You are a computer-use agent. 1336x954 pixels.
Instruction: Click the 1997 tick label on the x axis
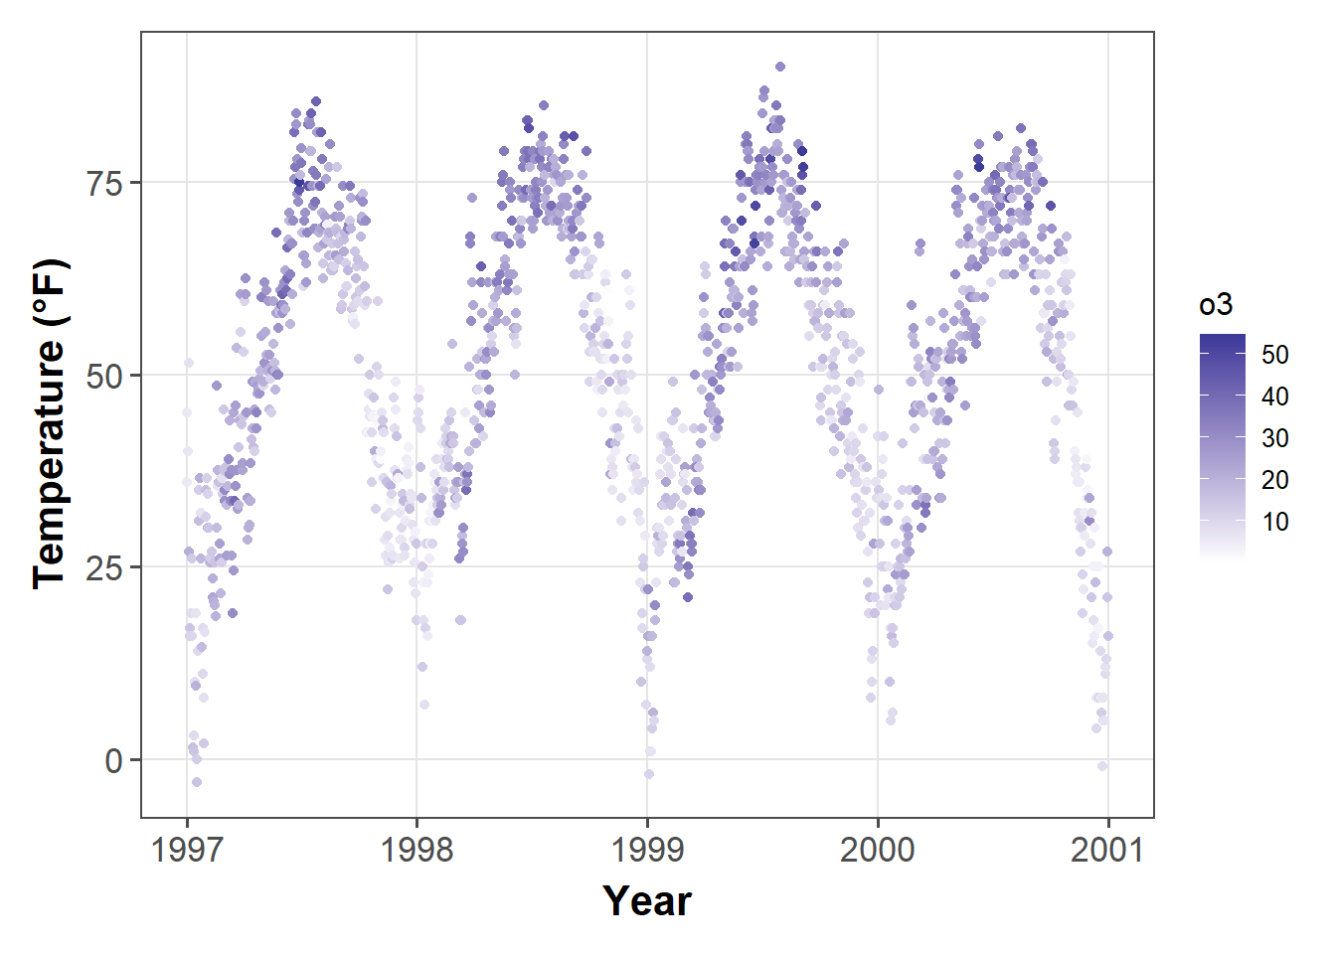click(x=186, y=850)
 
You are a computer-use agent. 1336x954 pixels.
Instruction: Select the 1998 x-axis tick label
click(x=417, y=850)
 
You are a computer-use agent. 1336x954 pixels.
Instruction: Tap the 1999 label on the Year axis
click(x=647, y=850)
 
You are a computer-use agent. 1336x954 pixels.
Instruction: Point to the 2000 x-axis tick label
click(x=877, y=850)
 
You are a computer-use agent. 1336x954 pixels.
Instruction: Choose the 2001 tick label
click(x=1107, y=850)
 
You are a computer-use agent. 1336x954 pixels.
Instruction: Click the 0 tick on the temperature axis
click(x=114, y=761)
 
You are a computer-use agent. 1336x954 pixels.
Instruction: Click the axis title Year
click(x=647, y=901)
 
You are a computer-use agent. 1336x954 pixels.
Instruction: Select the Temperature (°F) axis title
click(x=51, y=423)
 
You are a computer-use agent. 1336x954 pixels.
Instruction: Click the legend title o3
click(x=1216, y=305)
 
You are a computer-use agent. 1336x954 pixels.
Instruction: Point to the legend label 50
click(x=1274, y=355)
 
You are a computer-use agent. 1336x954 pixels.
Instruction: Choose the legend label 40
click(x=1274, y=397)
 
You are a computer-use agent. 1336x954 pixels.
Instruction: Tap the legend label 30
click(x=1274, y=438)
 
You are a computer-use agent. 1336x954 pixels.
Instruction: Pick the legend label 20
click(x=1274, y=480)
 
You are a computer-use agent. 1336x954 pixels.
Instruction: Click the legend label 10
click(x=1274, y=522)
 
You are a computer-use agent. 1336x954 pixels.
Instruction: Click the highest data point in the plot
click(x=780, y=67)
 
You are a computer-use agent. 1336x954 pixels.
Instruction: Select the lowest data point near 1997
click(x=197, y=782)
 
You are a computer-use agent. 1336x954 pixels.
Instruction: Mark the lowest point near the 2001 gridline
click(x=1102, y=766)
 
